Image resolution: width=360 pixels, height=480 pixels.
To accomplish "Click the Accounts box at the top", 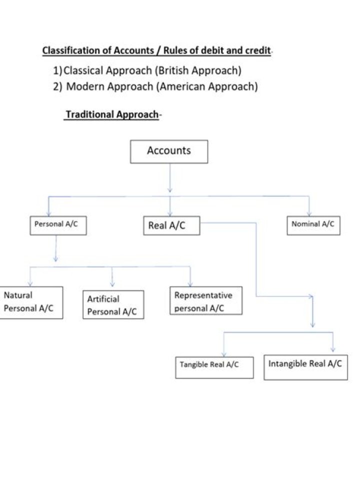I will tap(169, 151).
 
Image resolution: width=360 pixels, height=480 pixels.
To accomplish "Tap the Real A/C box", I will tap(171, 225).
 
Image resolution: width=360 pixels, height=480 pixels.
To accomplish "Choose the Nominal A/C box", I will tap(313, 224).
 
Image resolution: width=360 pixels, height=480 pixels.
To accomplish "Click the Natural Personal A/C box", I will tap(31, 302).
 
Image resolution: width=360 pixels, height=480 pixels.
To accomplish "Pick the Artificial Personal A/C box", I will tap(113, 305).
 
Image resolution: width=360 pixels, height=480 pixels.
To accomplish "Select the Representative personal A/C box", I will tap(205, 301).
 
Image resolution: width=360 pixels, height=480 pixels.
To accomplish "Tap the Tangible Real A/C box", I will tap(214, 367).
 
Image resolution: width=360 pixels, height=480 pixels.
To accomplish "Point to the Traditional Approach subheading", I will tap(112, 114).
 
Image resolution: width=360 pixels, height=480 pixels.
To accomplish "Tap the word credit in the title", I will tap(257, 51).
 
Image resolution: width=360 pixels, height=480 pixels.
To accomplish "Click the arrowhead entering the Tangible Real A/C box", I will tap(223, 353).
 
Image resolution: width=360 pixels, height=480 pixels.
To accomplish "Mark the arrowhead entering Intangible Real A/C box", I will tap(333, 349).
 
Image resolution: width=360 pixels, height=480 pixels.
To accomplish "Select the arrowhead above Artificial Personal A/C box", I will tap(112, 283).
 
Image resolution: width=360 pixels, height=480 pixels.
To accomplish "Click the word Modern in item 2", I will tap(82, 86).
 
